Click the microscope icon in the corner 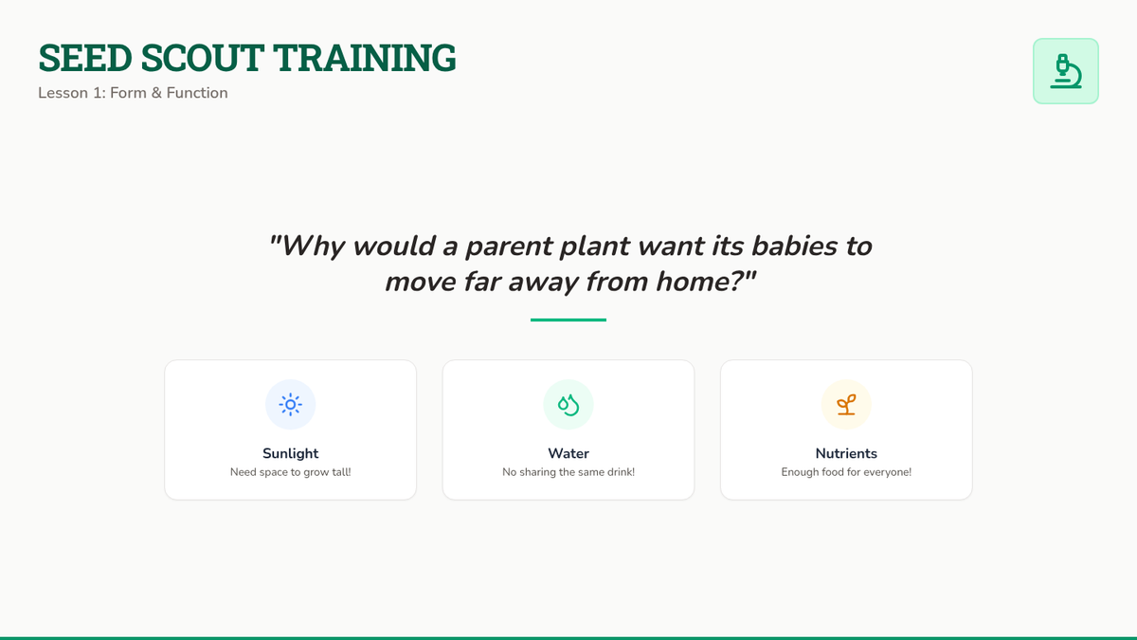click(x=1065, y=71)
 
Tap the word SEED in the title click(x=85, y=58)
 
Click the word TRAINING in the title click(x=365, y=58)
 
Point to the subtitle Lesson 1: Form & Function click(x=133, y=93)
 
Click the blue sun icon click(x=290, y=405)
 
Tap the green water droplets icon click(x=568, y=405)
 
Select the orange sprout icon click(x=846, y=405)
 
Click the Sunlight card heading click(x=290, y=453)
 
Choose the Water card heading click(x=568, y=453)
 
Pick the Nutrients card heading click(x=846, y=453)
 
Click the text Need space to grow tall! click(x=290, y=472)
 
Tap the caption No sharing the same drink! click(x=568, y=472)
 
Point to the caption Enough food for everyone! click(x=846, y=472)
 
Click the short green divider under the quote click(x=568, y=320)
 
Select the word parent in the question click(x=509, y=247)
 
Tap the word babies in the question click(x=795, y=246)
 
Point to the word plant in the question click(x=595, y=247)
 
